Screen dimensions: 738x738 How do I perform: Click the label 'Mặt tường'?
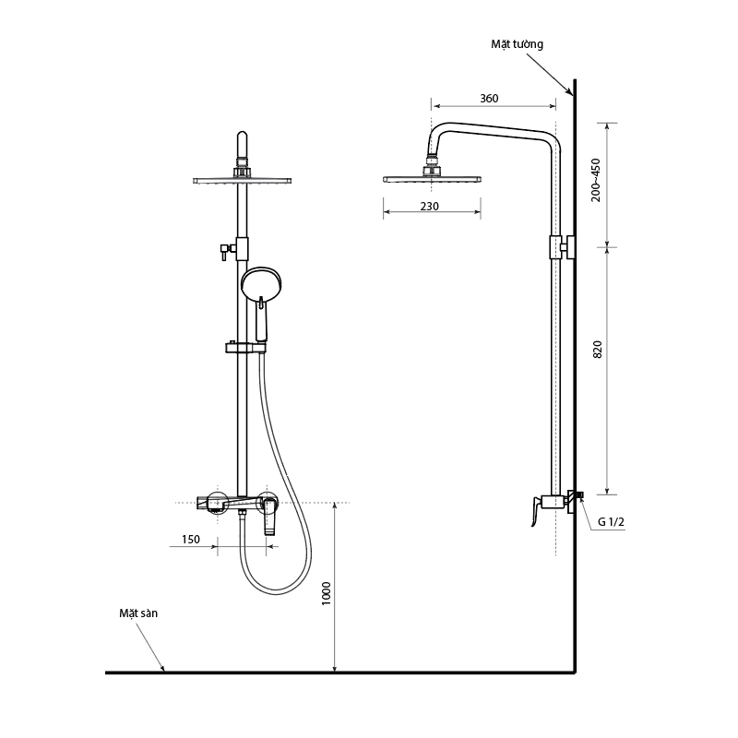(x=517, y=44)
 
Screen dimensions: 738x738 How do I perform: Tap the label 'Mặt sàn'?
(x=138, y=613)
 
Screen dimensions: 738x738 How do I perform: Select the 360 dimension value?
(x=489, y=99)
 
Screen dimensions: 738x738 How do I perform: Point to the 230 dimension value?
(x=429, y=206)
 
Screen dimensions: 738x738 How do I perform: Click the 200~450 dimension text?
(x=596, y=180)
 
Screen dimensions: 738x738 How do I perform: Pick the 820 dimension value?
(x=597, y=350)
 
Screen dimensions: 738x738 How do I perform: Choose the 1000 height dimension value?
(x=327, y=593)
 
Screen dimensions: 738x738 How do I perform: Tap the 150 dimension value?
(x=191, y=540)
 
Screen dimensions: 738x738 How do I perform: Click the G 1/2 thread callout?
(x=611, y=521)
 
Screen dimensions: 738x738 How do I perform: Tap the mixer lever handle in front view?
(x=269, y=516)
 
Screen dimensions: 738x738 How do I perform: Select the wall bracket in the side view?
(x=562, y=247)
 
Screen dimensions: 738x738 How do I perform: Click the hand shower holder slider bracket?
(x=245, y=348)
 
